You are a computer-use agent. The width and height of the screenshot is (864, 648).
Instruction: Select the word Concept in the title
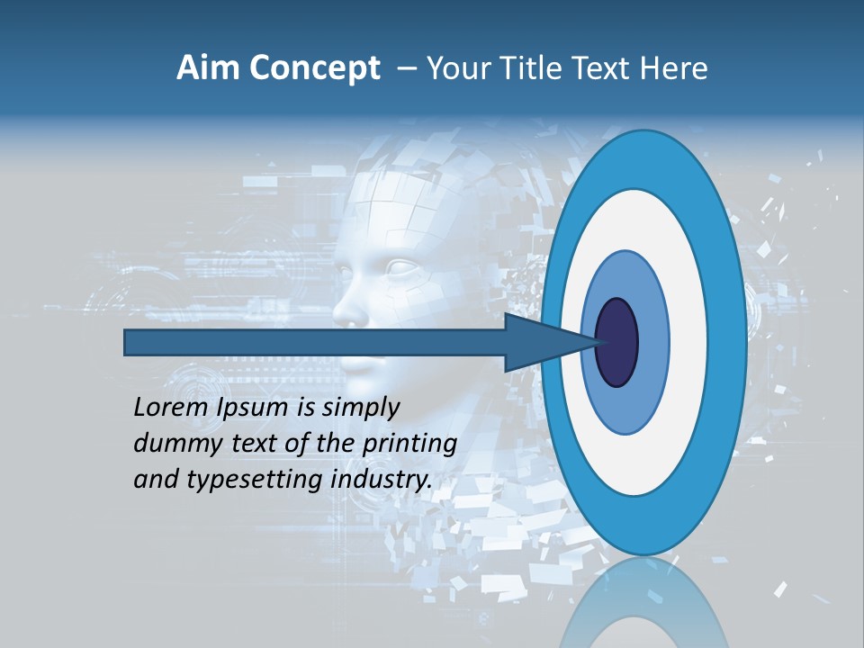click(315, 68)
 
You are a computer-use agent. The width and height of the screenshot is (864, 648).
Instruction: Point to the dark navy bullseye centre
click(617, 342)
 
